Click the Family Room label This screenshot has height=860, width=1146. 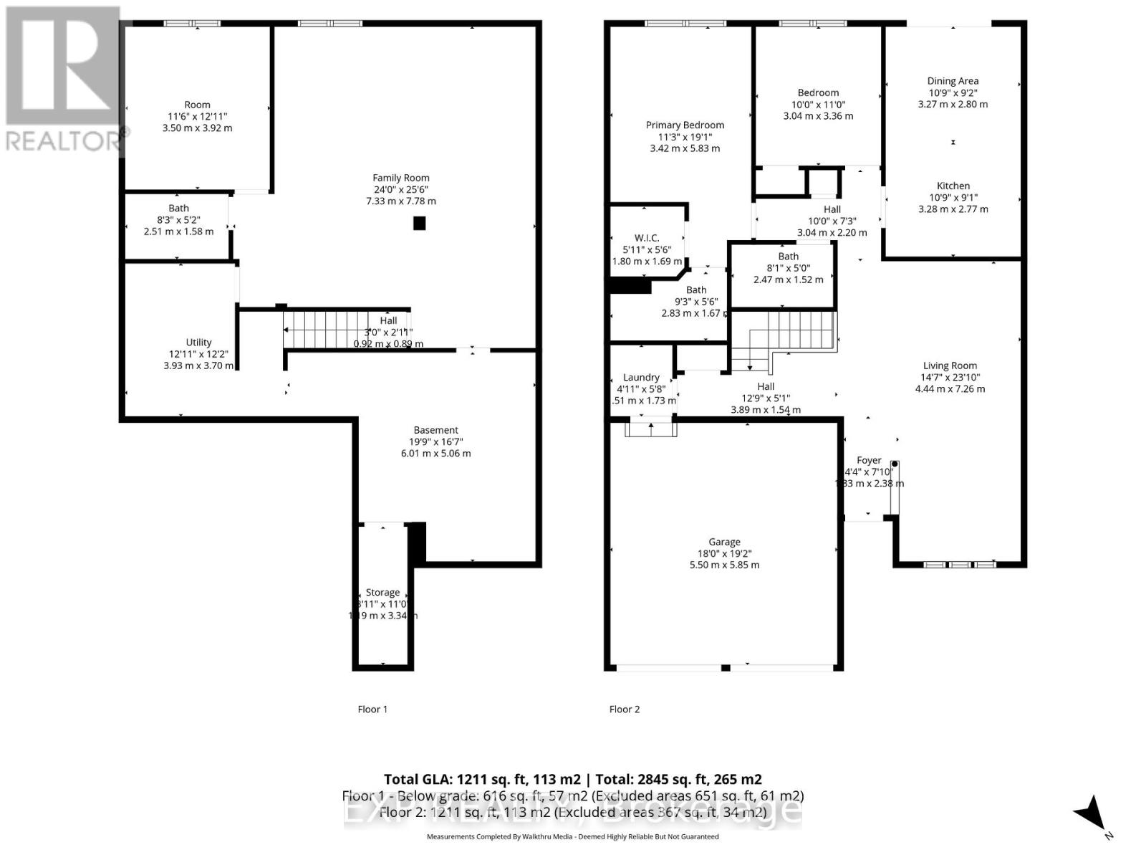click(400, 189)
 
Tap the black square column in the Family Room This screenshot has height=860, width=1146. click(419, 224)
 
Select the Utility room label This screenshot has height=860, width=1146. click(198, 353)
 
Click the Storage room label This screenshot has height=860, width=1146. click(382, 603)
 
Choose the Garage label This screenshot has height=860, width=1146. click(724, 553)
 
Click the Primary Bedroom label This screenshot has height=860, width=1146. click(684, 136)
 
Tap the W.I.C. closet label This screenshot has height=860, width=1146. click(646, 249)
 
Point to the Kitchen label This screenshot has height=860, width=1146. click(953, 197)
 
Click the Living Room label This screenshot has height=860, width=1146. click(949, 377)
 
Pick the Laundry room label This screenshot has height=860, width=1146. click(641, 388)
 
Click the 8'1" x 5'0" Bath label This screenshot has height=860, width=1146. click(788, 267)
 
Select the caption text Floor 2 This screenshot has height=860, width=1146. click(624, 709)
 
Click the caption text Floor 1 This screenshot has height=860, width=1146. click(372, 709)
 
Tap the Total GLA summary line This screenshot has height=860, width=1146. click(572, 779)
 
